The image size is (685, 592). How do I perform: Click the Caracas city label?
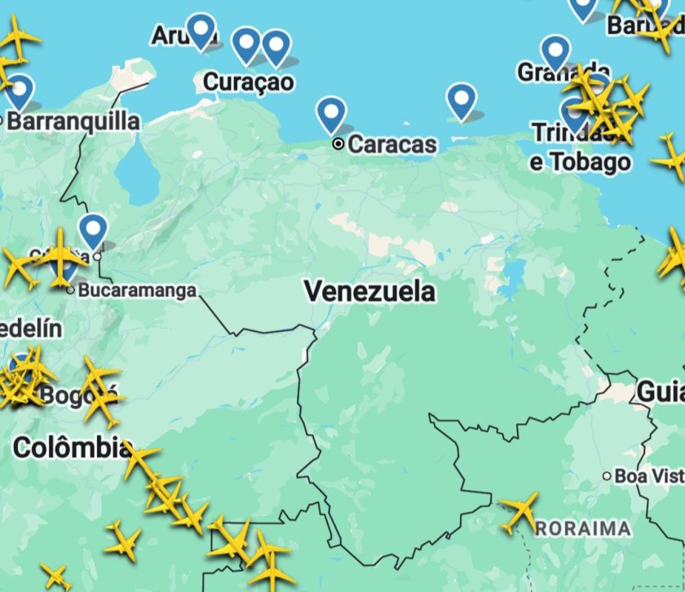tap(392, 144)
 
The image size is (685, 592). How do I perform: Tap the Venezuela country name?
tap(370, 291)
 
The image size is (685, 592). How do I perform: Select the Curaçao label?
tap(248, 82)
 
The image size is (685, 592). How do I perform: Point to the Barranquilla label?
tap(73, 121)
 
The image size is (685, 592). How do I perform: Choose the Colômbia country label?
tap(72, 447)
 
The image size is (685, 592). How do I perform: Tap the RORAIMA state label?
tap(584, 528)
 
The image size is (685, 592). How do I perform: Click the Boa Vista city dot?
tap(607, 475)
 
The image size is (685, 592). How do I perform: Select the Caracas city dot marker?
tap(338, 144)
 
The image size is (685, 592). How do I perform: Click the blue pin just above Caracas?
tap(331, 113)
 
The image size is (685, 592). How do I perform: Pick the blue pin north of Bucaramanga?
tap(94, 230)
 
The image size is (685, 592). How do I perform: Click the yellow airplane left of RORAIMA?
tap(519, 511)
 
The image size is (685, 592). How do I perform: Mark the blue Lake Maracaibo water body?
tap(135, 175)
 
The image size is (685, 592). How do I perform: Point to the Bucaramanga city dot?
tap(71, 289)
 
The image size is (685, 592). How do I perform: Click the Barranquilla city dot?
tap(2, 121)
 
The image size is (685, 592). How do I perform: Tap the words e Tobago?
tap(580, 161)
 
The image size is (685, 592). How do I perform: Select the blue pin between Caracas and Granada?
tap(462, 101)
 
